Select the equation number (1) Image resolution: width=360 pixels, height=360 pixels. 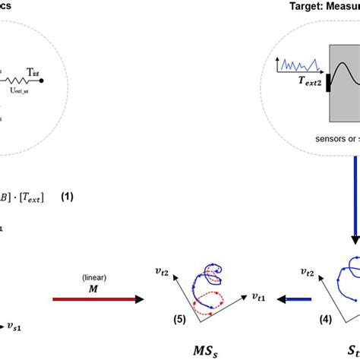(x=68, y=197)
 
